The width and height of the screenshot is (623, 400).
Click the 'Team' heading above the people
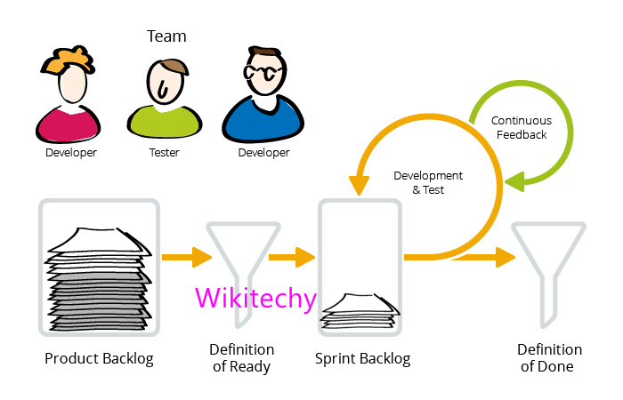coord(166,36)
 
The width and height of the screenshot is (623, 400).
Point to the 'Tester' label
coord(164,152)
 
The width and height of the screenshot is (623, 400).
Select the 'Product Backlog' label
coord(99,359)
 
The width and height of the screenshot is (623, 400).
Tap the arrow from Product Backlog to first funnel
coord(188,258)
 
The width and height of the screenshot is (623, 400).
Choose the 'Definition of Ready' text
coord(241,358)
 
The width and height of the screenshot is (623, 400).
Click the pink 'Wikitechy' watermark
coord(255,298)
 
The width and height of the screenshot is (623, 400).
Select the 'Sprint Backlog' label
coord(362,359)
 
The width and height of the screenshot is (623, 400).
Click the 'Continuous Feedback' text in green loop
coord(522,127)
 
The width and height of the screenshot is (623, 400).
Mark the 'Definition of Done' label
coord(549,358)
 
